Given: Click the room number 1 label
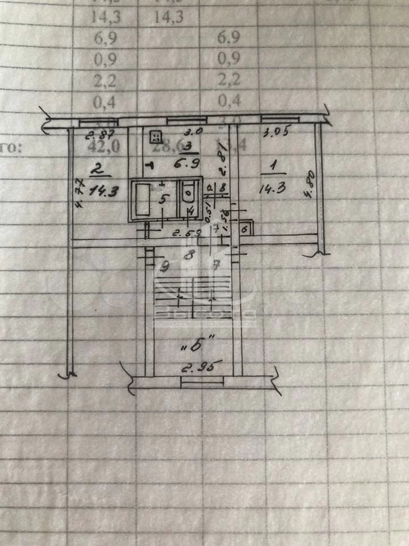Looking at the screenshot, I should [273, 166].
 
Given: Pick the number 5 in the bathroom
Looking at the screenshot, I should [163, 199].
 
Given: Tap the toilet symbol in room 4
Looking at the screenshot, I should [189, 195].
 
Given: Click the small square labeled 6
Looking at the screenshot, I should [244, 229].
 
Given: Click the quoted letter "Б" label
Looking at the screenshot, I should [193, 344].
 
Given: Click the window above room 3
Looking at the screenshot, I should [187, 120].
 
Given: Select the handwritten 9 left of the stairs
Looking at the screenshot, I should [165, 265].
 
